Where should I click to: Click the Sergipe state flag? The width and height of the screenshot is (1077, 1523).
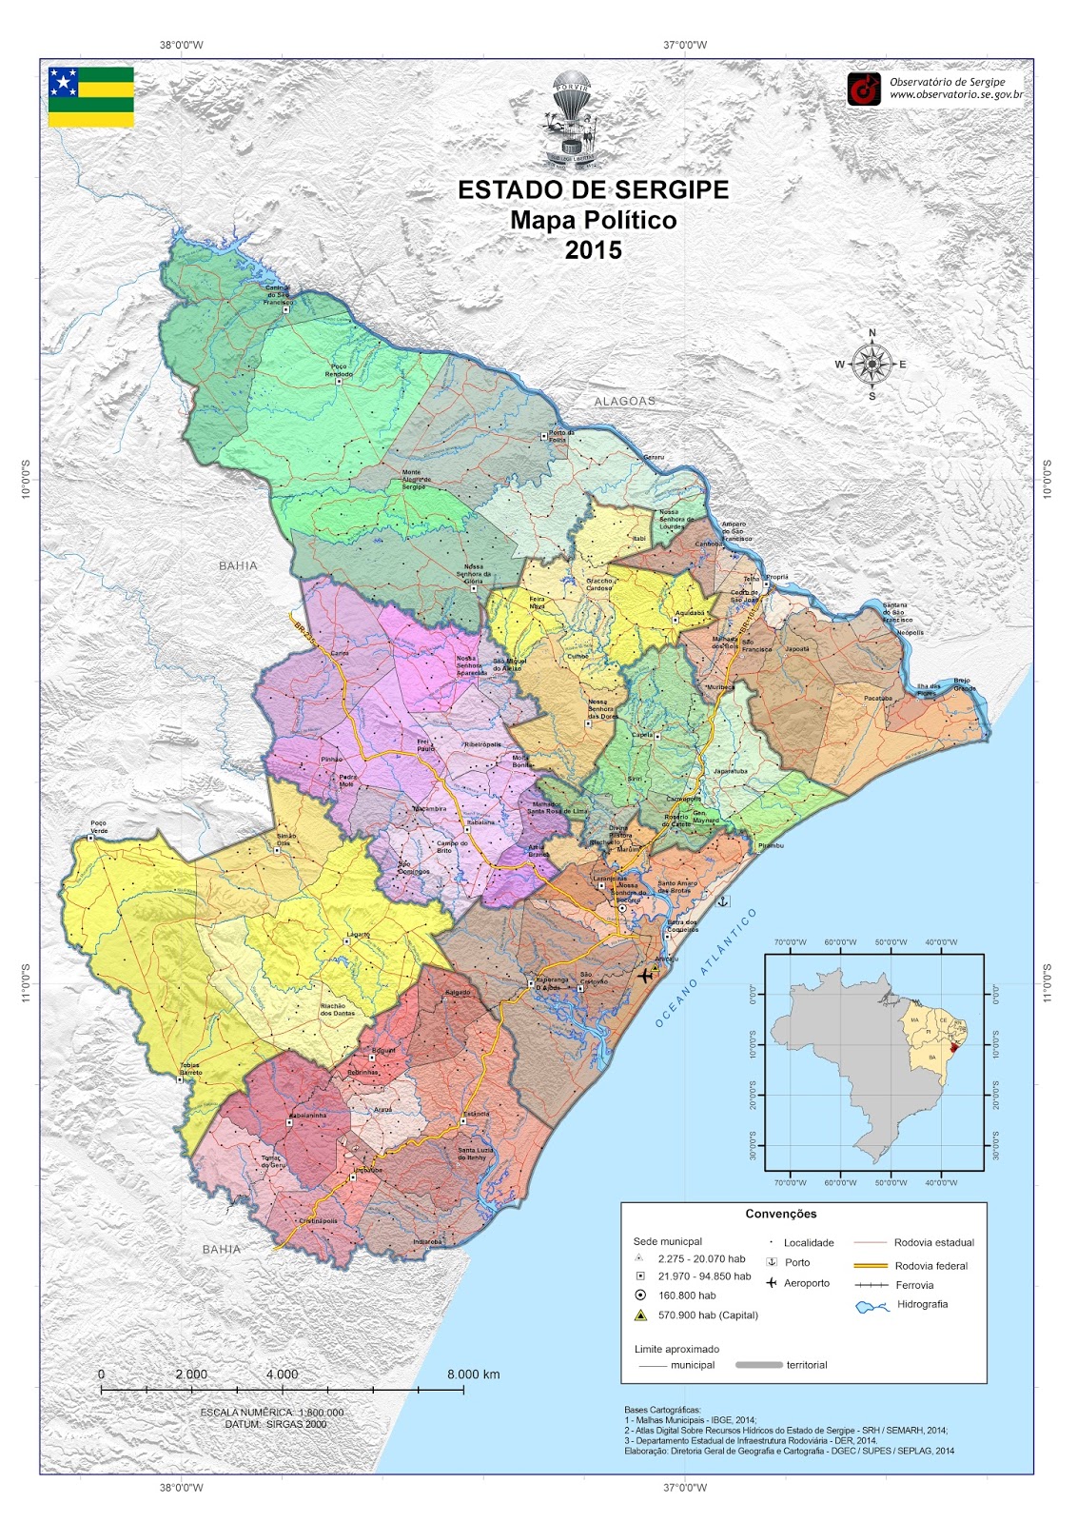coord(91,96)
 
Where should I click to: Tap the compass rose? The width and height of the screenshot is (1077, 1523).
coord(871,364)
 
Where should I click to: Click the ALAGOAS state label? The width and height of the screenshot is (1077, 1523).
coord(625,402)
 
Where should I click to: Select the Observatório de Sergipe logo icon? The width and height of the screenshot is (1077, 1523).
coord(864,89)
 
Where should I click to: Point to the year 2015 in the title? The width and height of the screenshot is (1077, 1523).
coord(593,250)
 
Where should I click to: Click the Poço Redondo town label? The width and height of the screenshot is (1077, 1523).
coord(339,370)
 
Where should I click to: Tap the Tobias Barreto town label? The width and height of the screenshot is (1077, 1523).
coord(190,1068)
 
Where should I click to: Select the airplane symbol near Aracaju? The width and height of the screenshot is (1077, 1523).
coord(647,975)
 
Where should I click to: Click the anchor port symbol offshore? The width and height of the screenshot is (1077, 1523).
coord(723,900)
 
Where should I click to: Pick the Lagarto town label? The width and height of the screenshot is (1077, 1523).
coord(358,935)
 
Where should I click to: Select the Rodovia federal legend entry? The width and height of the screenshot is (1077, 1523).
coord(930,1266)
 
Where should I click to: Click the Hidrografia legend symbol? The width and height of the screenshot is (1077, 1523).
coord(871,1306)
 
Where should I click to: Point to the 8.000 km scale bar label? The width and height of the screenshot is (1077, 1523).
coord(474,1375)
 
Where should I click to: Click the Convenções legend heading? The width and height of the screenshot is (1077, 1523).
coord(781,1214)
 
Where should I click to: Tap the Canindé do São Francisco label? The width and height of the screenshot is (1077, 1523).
coord(277,294)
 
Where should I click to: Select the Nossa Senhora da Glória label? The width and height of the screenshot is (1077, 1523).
coord(473,574)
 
